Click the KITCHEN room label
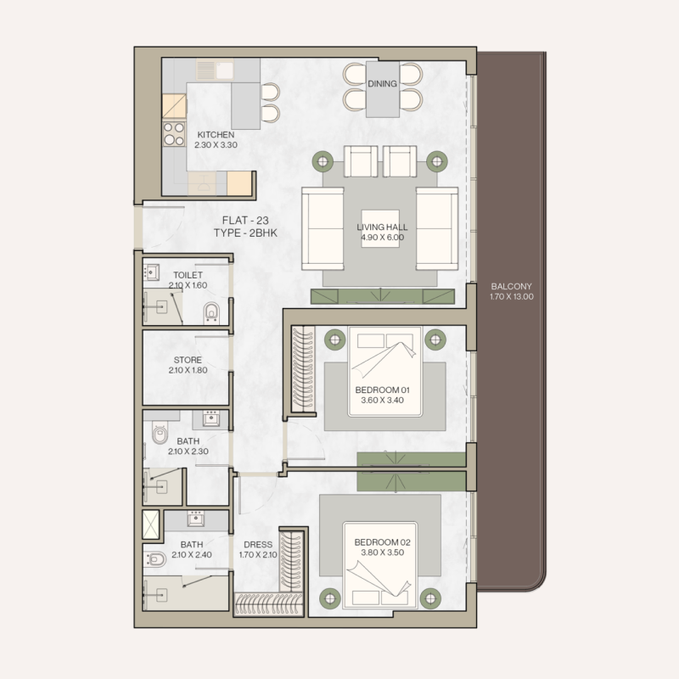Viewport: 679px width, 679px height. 216,135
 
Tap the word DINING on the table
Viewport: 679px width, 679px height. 383,83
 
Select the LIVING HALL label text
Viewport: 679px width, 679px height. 381,227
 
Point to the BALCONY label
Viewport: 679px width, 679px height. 511,286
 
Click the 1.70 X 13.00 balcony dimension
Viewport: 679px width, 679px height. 511,297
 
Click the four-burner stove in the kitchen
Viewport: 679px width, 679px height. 174,134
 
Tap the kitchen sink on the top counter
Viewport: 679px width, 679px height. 210,70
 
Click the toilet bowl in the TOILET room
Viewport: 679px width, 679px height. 212,313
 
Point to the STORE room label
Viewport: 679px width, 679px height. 187,360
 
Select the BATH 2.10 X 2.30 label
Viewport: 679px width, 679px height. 189,446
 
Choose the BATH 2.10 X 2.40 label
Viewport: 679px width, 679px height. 191,550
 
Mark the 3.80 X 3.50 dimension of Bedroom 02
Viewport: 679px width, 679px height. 382,553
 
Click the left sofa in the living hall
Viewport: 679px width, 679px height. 323,227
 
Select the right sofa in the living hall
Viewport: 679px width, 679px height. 437,227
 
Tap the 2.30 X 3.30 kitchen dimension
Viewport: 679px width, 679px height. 216,146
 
